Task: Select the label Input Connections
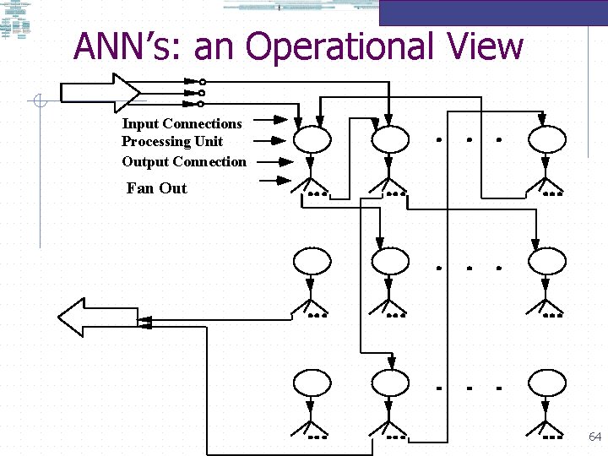(x=182, y=124)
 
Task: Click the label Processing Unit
(x=172, y=142)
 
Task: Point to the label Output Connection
(x=184, y=161)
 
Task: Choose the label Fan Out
(x=156, y=188)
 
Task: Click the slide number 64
(x=594, y=437)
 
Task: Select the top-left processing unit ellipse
(x=312, y=137)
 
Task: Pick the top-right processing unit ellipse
(x=547, y=137)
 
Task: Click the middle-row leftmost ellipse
(x=312, y=262)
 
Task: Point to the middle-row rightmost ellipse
(x=547, y=262)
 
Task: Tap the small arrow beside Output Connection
(x=275, y=161)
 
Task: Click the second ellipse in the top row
(x=389, y=137)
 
